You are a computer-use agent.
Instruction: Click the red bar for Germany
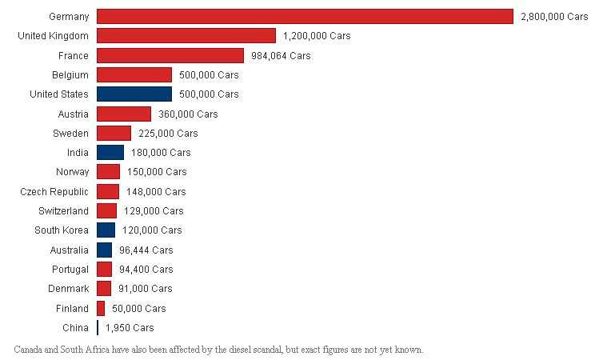pyautogui.click(x=305, y=17)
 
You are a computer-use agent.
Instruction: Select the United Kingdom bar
pyautogui.click(x=186, y=36)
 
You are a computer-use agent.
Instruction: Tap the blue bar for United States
pyautogui.click(x=134, y=94)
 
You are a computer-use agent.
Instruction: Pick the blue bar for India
pyautogui.click(x=110, y=153)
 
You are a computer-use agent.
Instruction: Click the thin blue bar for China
pyautogui.click(x=98, y=328)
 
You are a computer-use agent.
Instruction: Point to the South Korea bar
pyautogui.click(x=106, y=230)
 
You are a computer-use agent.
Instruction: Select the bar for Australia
pyautogui.click(x=104, y=250)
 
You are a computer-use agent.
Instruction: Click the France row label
pyautogui.click(x=74, y=56)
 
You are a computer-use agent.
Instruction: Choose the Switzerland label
pyautogui.click(x=63, y=211)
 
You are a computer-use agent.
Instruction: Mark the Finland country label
pyautogui.click(x=73, y=309)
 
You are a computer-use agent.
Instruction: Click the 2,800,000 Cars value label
pyautogui.click(x=554, y=17)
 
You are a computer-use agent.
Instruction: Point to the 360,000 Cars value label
pyautogui.click(x=188, y=114)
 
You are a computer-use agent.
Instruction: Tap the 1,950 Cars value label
pyautogui.click(x=130, y=328)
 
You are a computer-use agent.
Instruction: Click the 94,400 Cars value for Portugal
pyautogui.click(x=146, y=270)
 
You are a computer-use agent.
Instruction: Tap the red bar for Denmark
pyautogui.click(x=104, y=289)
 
